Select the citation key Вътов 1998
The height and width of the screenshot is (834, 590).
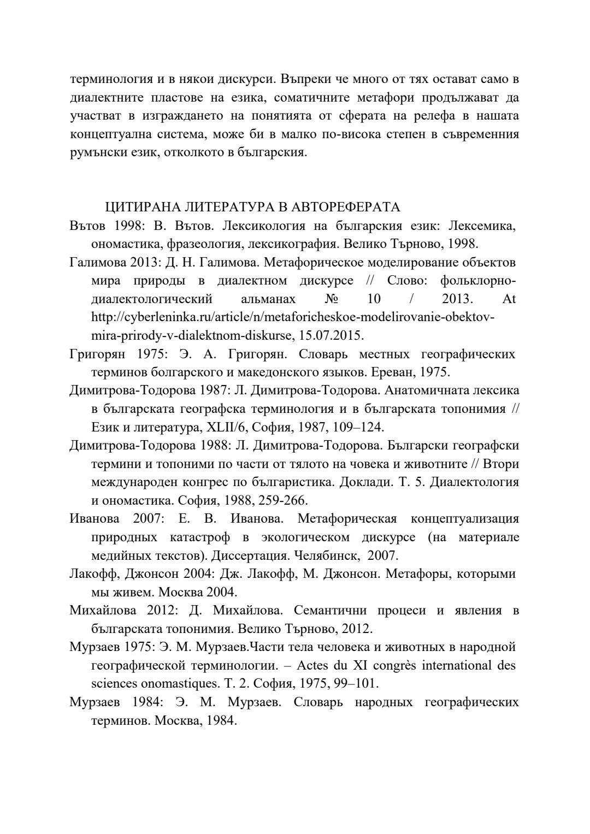coord(99,226)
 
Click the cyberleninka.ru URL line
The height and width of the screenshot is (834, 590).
coord(292,317)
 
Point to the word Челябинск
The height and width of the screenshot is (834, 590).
coord(326,555)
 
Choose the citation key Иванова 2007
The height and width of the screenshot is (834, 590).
coord(115,518)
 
